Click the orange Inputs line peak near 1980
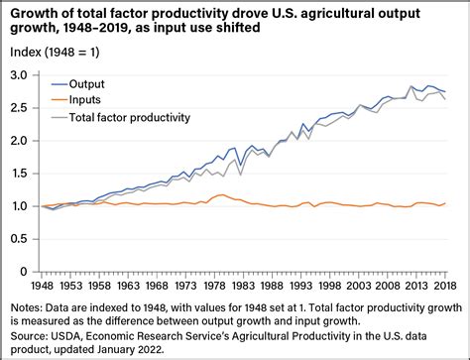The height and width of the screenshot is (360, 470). click(220, 195)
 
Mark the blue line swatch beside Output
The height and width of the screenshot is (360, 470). click(57, 83)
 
